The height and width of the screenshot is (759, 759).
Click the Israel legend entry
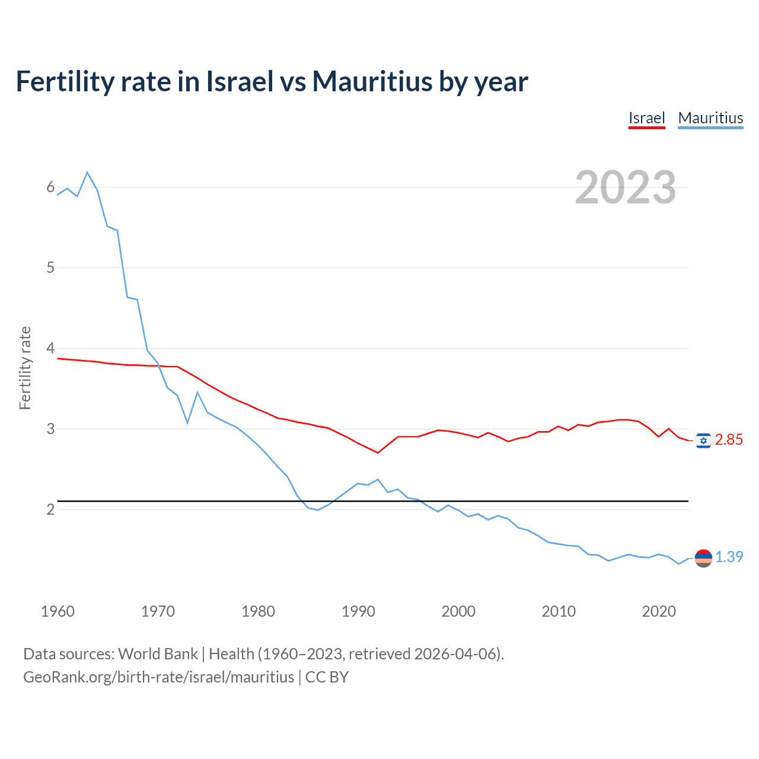[x=646, y=118]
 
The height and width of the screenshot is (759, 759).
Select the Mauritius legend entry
[x=710, y=118]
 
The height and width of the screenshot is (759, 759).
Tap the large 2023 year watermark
[x=625, y=187]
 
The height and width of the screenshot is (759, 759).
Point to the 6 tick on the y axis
[x=50, y=187]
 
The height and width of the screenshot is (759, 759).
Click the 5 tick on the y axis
[x=50, y=267]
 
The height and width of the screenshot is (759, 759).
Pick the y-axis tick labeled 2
[x=50, y=509]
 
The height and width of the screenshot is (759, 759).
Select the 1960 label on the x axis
[x=58, y=611]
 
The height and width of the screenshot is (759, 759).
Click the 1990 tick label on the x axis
[x=358, y=611]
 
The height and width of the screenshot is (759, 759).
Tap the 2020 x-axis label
[x=659, y=611]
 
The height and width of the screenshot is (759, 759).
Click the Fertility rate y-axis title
[x=25, y=368]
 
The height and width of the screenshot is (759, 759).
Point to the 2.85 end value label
[x=729, y=439]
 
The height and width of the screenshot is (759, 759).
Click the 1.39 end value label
[x=729, y=557]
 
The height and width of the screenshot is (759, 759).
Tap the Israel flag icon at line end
[x=703, y=441]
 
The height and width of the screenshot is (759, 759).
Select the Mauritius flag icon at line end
[x=703, y=558]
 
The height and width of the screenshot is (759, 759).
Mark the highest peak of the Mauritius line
[x=87, y=173]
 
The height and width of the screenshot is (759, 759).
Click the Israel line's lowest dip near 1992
[x=378, y=452]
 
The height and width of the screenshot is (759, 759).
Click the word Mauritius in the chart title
[x=372, y=81]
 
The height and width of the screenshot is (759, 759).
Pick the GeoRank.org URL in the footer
[x=158, y=677]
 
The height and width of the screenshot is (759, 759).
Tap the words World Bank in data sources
[x=158, y=654]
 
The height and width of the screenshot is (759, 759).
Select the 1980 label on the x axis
[x=258, y=611]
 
